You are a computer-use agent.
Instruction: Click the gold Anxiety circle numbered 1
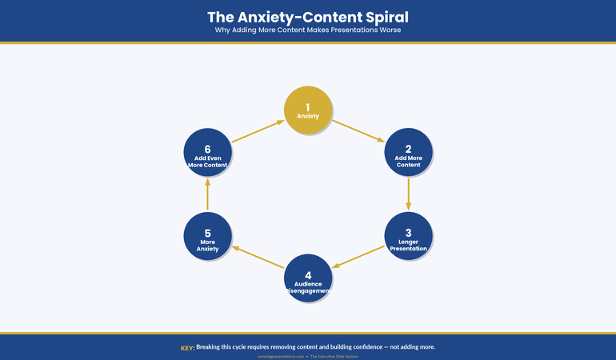308,110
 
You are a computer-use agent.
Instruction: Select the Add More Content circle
408,152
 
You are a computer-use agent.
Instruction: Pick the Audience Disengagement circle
308,278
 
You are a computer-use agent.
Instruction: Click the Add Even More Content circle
207,152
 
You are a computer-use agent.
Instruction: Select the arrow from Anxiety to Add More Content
358,130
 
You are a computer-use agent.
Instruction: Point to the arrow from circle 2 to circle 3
408,194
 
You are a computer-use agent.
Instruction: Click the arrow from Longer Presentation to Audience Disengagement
358,256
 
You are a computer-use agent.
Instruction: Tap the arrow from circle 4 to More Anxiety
258,256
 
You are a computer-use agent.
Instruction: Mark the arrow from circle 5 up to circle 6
207,194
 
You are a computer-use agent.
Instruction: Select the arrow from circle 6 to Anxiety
258,130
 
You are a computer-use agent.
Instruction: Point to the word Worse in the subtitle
386,30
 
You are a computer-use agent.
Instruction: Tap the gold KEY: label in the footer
187,347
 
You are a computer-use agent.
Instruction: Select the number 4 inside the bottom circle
308,275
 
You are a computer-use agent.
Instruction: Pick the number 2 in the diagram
408,149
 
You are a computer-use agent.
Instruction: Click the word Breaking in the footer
211,347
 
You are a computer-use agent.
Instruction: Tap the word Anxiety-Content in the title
290,17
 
